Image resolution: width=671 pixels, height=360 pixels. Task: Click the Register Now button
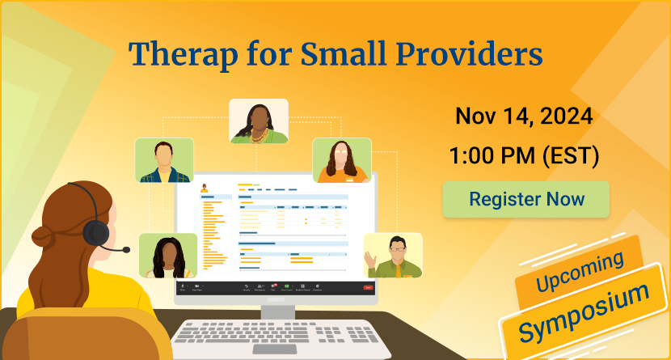click(x=525, y=199)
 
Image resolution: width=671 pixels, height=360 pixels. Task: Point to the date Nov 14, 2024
click(x=524, y=115)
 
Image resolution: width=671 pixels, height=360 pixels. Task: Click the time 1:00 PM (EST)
click(x=524, y=155)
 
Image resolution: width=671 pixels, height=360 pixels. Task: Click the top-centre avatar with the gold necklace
click(x=259, y=121)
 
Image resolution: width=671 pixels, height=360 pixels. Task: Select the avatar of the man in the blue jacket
click(x=164, y=160)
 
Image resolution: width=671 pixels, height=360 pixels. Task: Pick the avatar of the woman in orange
click(x=341, y=160)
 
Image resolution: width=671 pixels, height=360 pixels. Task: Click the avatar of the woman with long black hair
click(x=167, y=256)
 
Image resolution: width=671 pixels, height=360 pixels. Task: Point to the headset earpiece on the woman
click(x=96, y=232)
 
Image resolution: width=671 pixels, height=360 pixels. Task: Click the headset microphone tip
click(x=127, y=250)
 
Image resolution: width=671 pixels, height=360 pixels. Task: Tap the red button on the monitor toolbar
click(x=369, y=287)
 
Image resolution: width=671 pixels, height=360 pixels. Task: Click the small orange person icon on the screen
click(x=215, y=188)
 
